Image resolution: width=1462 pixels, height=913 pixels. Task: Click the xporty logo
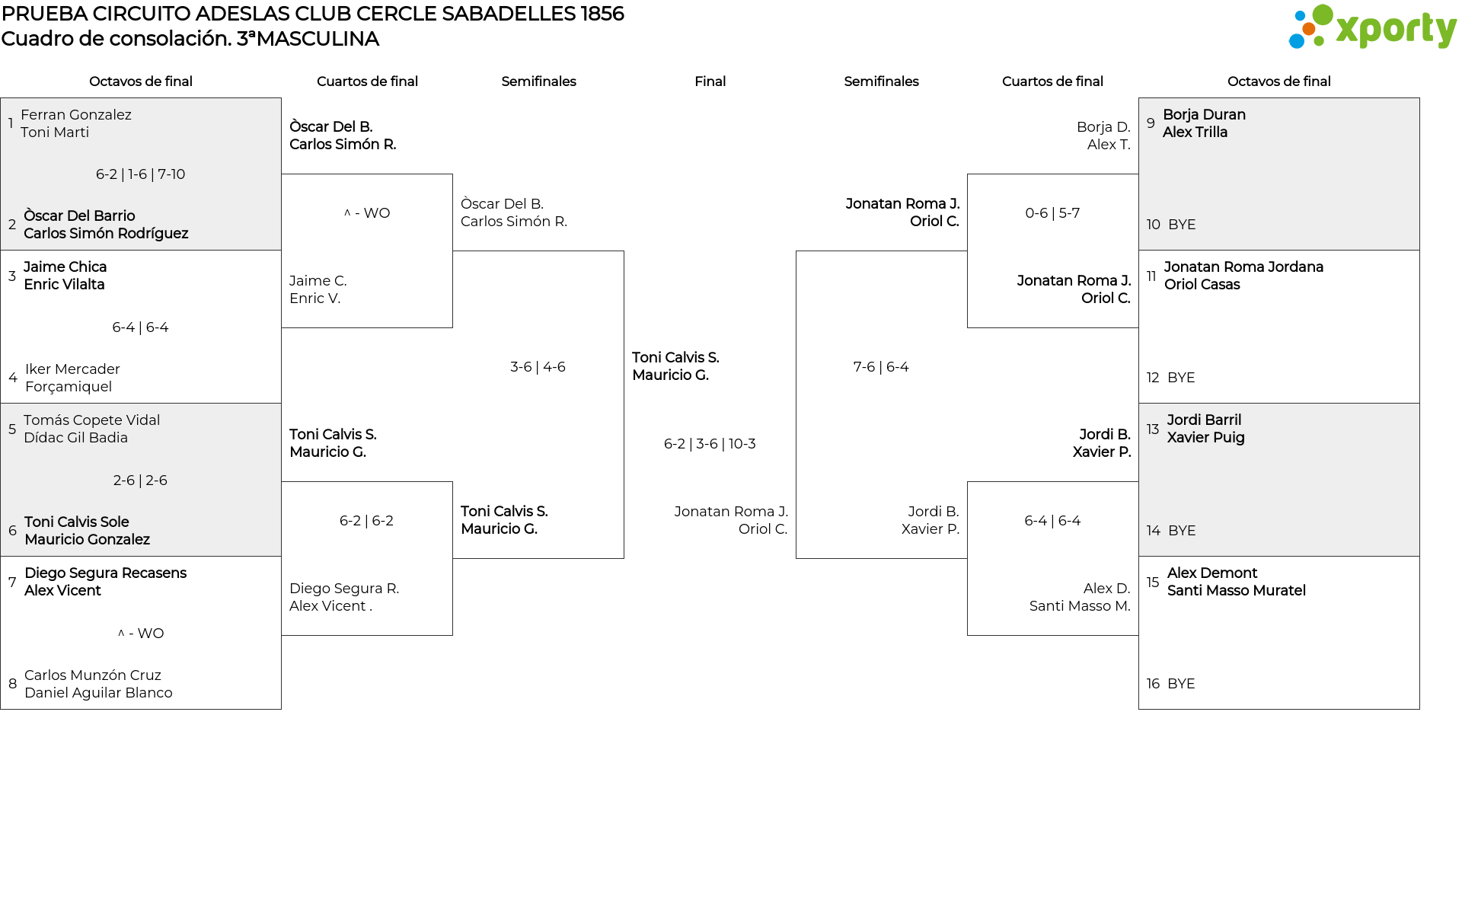click(x=1372, y=28)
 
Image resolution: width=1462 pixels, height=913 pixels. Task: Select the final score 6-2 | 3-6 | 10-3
click(x=710, y=444)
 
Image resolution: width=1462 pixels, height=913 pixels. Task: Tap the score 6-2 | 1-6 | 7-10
click(x=140, y=174)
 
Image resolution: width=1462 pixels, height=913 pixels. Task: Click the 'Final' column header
click(x=710, y=81)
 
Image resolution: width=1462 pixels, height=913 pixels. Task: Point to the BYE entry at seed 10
click(x=1182, y=225)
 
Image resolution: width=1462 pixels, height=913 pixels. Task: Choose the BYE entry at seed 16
click(x=1181, y=684)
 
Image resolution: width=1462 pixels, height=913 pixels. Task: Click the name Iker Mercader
click(x=72, y=369)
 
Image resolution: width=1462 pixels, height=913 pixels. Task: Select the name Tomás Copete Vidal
click(x=91, y=420)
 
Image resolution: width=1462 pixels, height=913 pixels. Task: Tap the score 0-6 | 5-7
click(x=1052, y=213)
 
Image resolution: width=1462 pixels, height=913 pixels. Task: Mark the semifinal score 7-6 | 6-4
click(x=881, y=367)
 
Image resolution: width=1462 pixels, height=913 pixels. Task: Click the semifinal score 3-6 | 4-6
click(x=538, y=367)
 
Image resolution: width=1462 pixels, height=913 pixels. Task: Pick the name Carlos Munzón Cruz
click(x=93, y=675)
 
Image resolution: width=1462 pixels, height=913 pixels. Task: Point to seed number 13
click(x=1153, y=429)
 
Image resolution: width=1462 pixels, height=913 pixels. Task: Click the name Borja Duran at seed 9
click(x=1204, y=115)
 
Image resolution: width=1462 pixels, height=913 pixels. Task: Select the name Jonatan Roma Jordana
click(x=1243, y=267)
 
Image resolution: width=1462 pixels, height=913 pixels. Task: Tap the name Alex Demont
click(x=1211, y=573)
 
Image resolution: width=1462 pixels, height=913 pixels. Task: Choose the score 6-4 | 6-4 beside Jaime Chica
click(x=140, y=327)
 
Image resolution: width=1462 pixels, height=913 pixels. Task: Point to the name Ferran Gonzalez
click(x=76, y=115)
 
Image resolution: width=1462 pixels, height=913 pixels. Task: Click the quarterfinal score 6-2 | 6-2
click(x=366, y=521)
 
